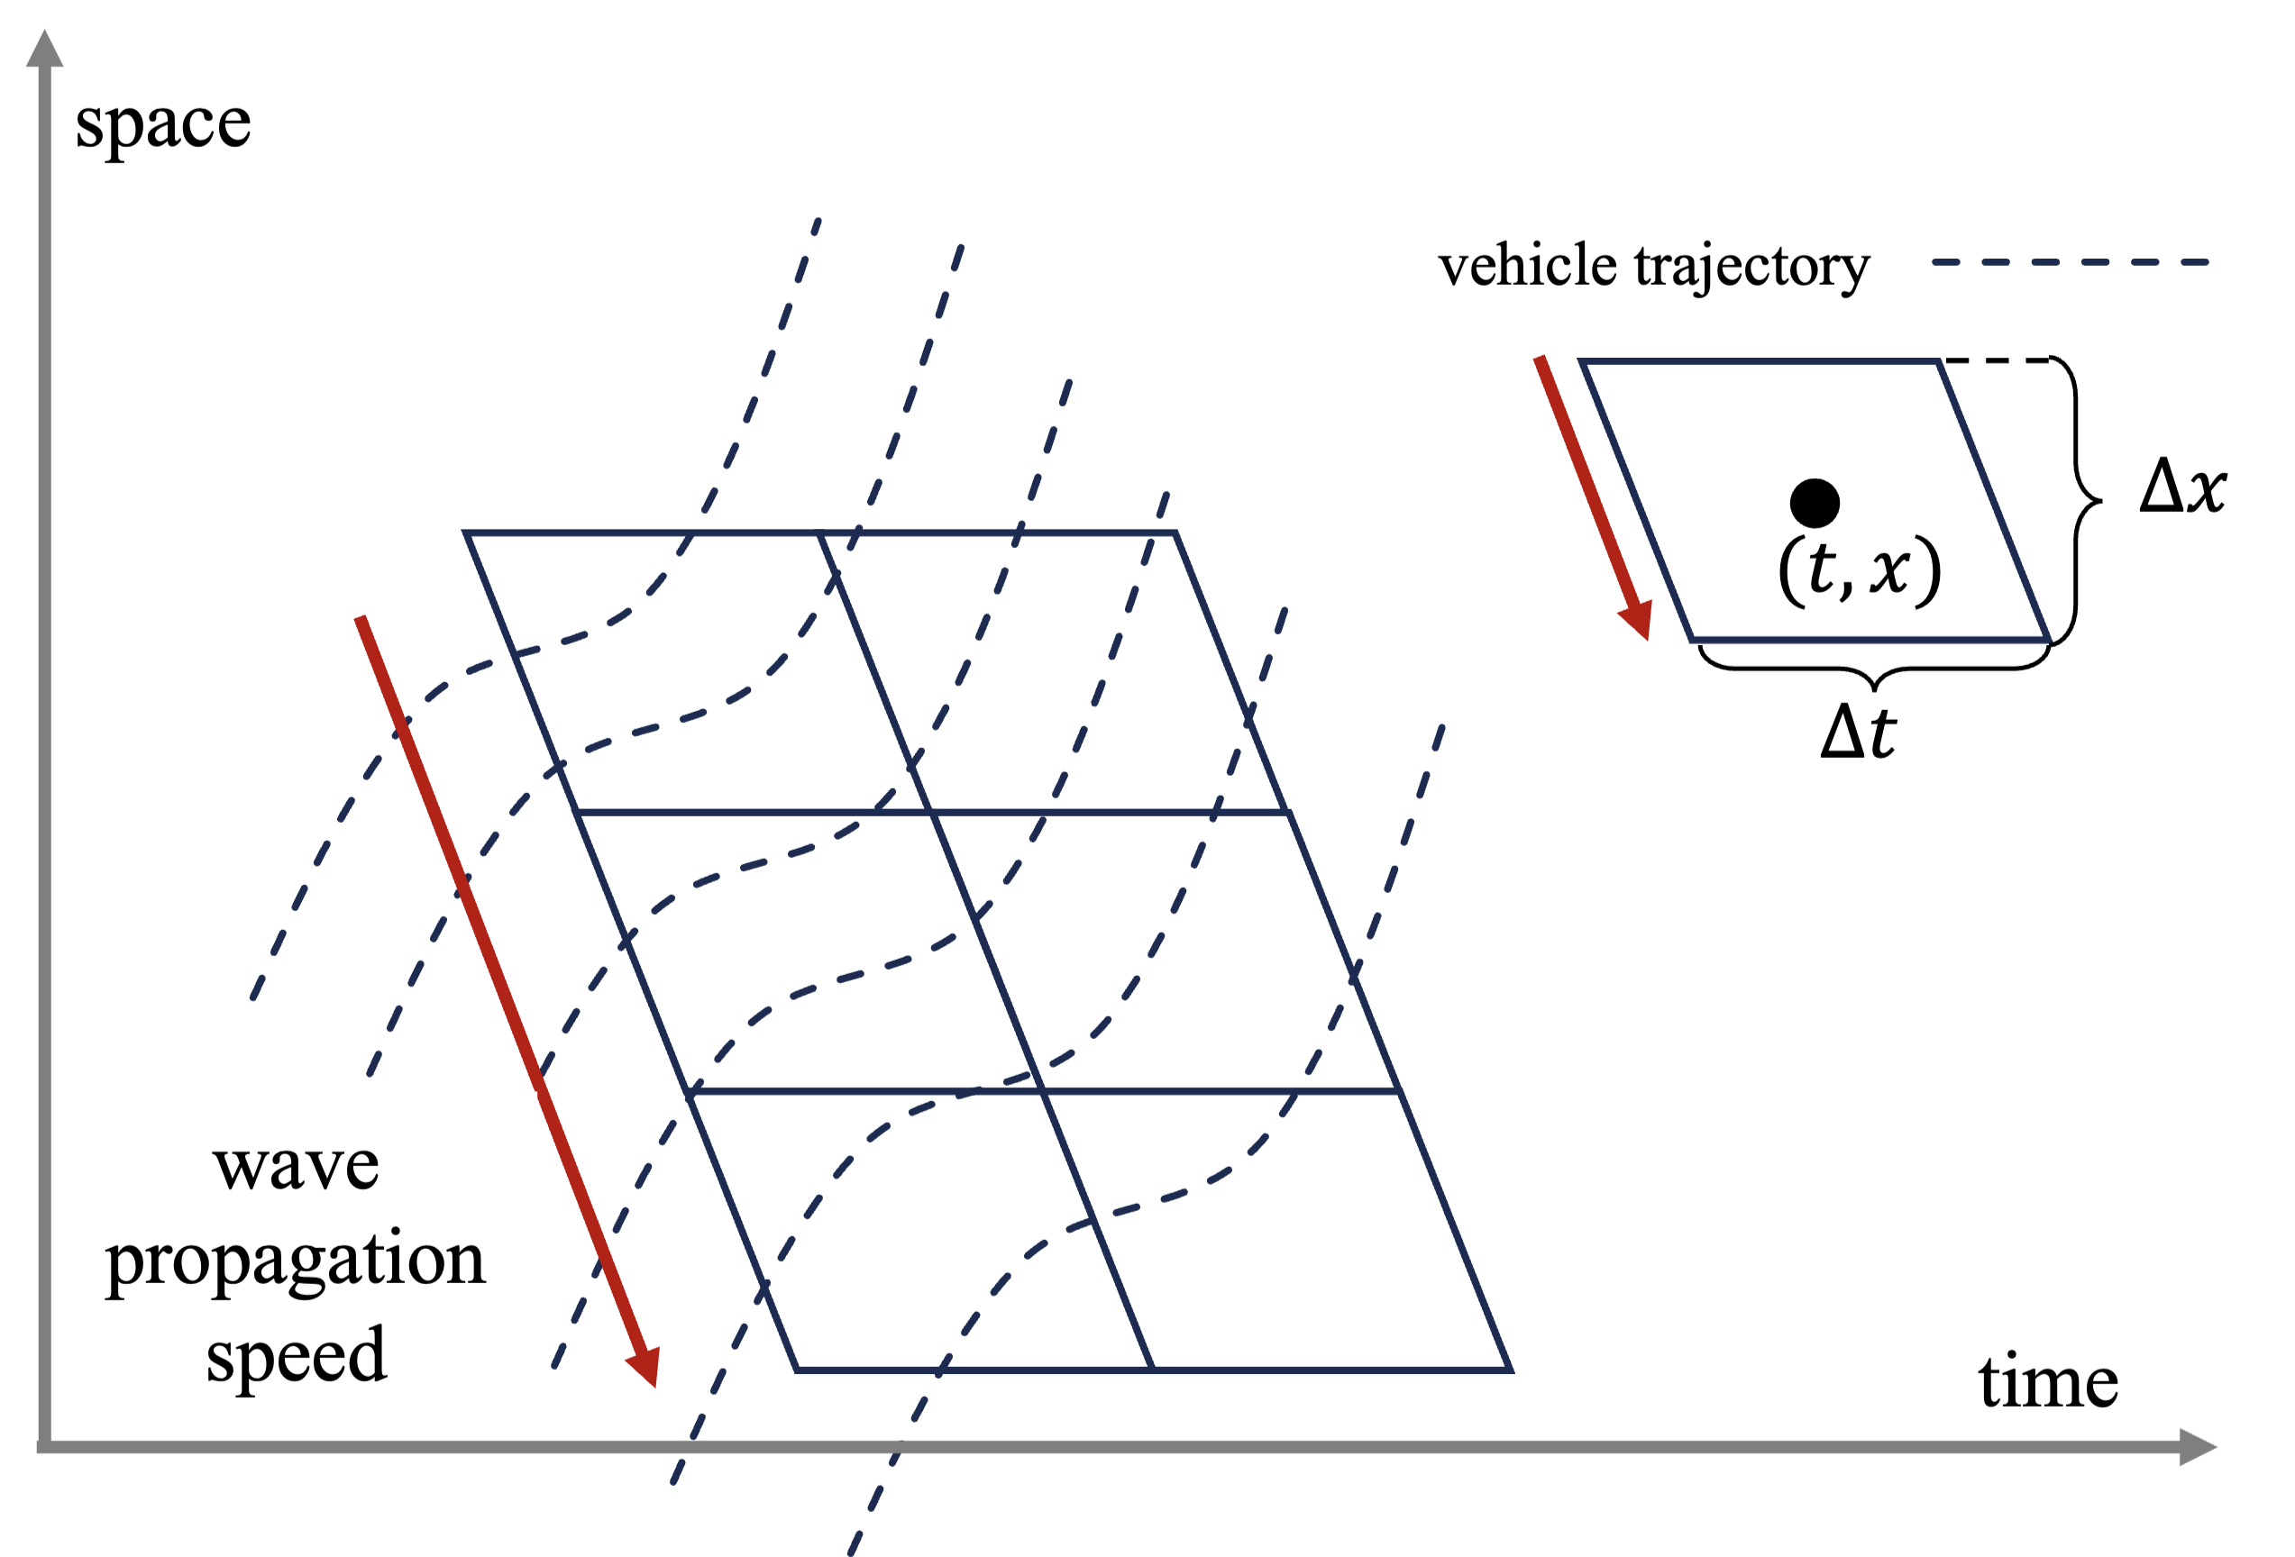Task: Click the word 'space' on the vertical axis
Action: [x=163, y=125]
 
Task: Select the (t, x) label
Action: [x=1859, y=569]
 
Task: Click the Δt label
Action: [x=1858, y=733]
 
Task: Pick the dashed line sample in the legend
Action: [x=2070, y=262]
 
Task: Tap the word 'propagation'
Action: [x=296, y=1261]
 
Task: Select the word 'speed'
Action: [x=296, y=1354]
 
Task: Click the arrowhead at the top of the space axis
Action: [x=44, y=50]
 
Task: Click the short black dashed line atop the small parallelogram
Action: [x=1995, y=360]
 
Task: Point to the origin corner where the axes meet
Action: [x=44, y=1446]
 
